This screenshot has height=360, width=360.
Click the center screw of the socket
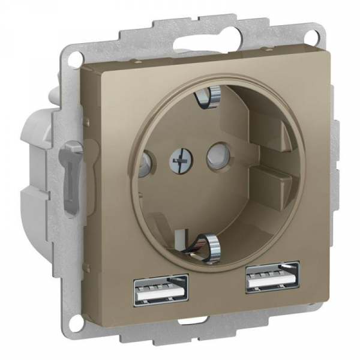point(178,160)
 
